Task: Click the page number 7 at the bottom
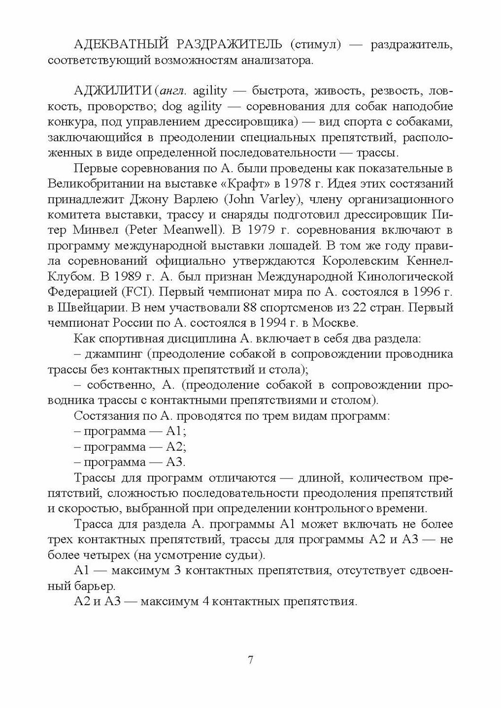click(250, 660)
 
